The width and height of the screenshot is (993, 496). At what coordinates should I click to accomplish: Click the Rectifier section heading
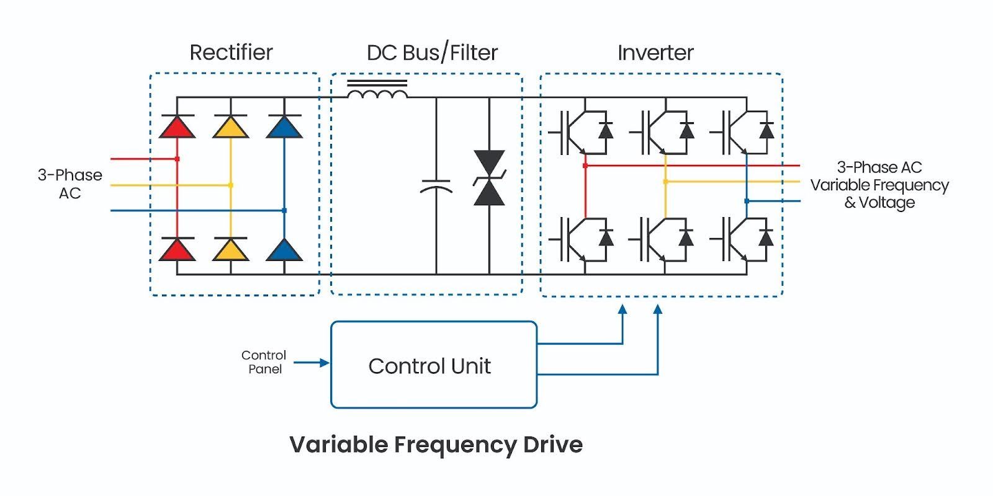pyautogui.click(x=231, y=53)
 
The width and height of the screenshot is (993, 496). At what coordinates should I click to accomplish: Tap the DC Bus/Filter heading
pyautogui.click(x=432, y=53)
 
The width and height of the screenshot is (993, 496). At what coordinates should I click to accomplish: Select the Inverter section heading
pyautogui.click(x=655, y=53)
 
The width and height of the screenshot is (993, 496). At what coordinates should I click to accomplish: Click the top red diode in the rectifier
pyautogui.click(x=177, y=127)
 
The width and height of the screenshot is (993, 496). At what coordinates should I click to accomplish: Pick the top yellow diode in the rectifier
pyautogui.click(x=230, y=127)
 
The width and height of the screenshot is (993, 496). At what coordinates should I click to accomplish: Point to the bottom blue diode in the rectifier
pyautogui.click(x=284, y=249)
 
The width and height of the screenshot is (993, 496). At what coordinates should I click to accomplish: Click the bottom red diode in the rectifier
pyautogui.click(x=177, y=249)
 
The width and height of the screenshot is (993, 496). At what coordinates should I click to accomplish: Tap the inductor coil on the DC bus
pyautogui.click(x=377, y=93)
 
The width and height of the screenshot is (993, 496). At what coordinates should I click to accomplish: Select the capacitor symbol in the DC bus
pyautogui.click(x=436, y=186)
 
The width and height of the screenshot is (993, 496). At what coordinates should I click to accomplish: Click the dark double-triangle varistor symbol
pyautogui.click(x=489, y=178)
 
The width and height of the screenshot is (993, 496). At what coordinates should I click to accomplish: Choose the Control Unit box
pyautogui.click(x=433, y=365)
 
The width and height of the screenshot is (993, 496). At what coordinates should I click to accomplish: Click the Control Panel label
pyautogui.click(x=264, y=362)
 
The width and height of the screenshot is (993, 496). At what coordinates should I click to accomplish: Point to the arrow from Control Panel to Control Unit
pyautogui.click(x=312, y=363)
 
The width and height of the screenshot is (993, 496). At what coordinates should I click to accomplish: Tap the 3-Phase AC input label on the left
pyautogui.click(x=70, y=184)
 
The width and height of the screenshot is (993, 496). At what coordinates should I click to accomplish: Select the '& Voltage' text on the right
pyautogui.click(x=879, y=203)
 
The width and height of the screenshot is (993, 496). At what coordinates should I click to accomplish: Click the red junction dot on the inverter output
pyautogui.click(x=585, y=166)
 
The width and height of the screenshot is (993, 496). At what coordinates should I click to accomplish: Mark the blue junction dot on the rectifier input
pyautogui.click(x=284, y=211)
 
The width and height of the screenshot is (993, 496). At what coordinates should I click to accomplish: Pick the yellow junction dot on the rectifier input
pyautogui.click(x=231, y=185)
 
